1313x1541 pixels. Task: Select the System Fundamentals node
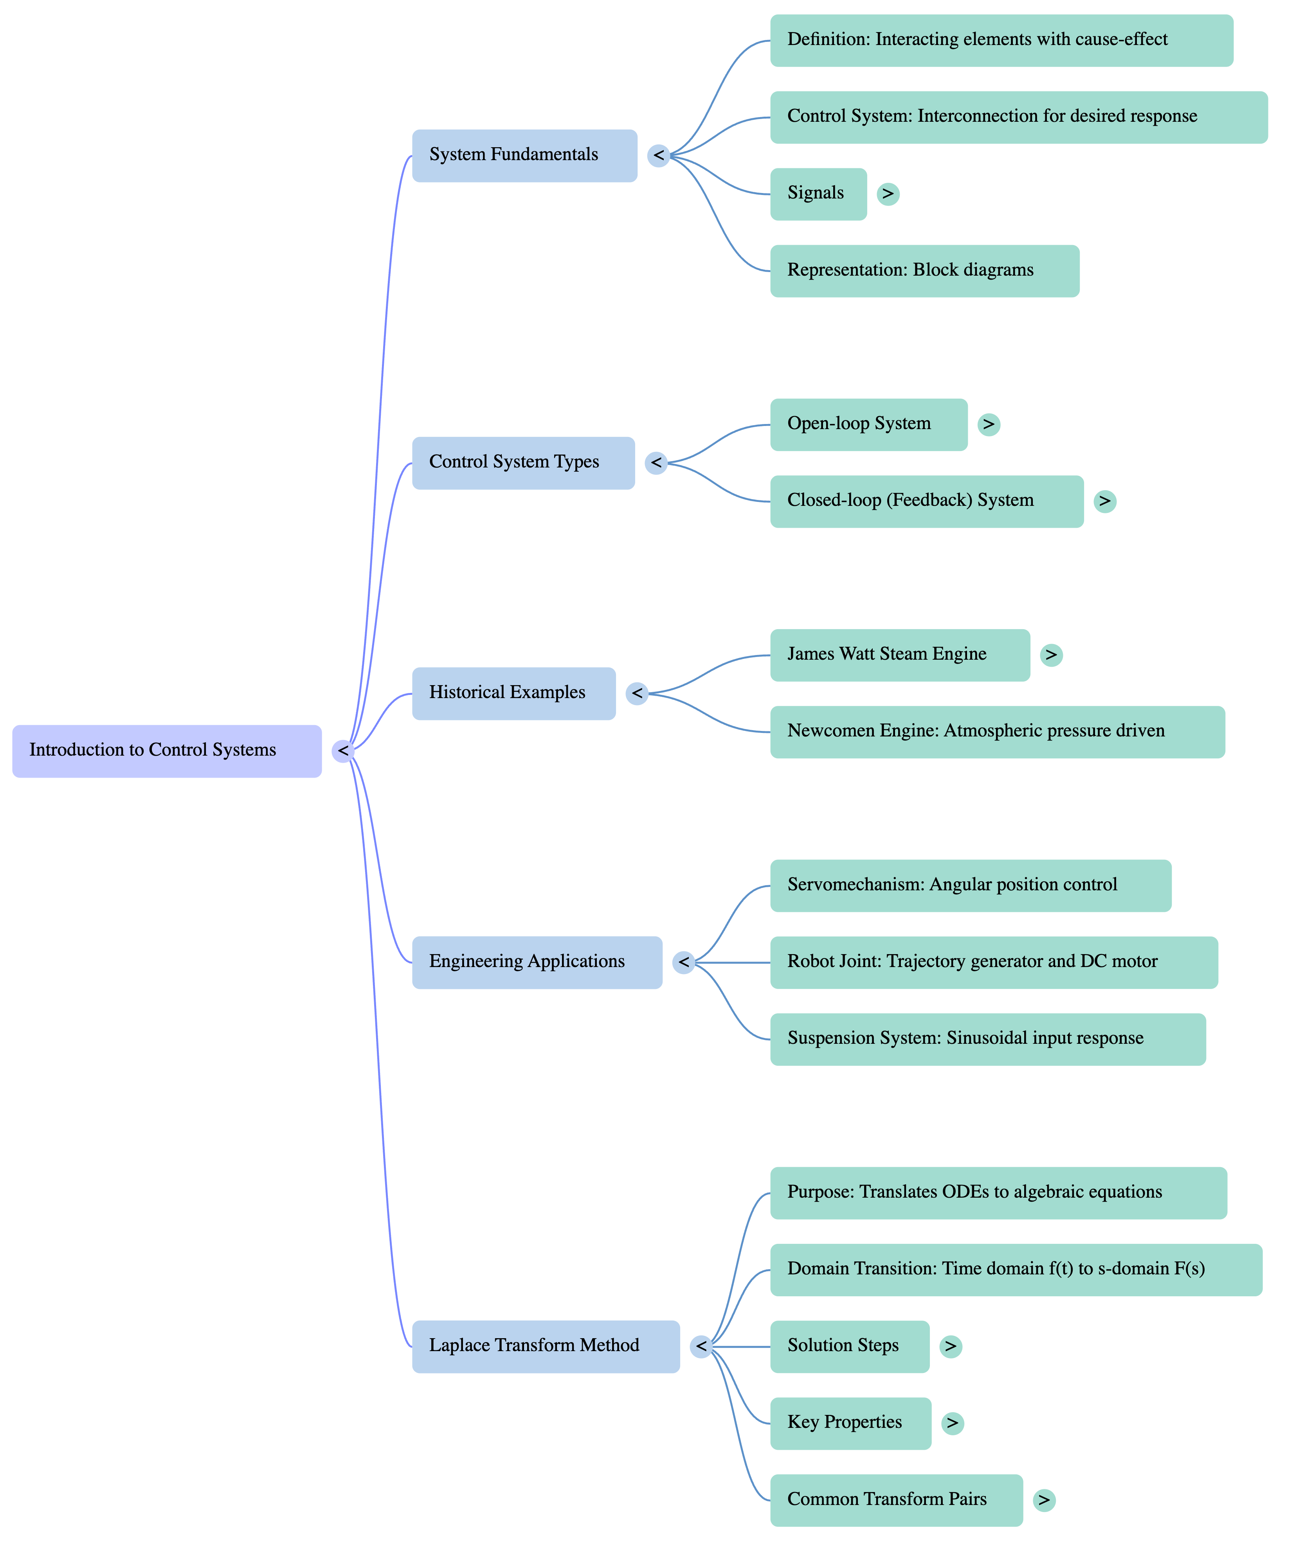pos(524,155)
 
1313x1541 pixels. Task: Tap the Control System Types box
pos(523,463)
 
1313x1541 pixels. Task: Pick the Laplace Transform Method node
pos(546,1346)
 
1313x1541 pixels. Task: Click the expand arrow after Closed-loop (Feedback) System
pos(1105,501)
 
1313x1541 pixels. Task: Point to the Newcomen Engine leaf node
pos(997,732)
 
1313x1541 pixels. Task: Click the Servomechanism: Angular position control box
pos(970,886)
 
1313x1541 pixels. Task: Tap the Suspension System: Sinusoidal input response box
pos(987,1039)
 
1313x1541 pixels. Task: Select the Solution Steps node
pos(849,1346)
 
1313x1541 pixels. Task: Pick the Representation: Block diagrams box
pos(924,271)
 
